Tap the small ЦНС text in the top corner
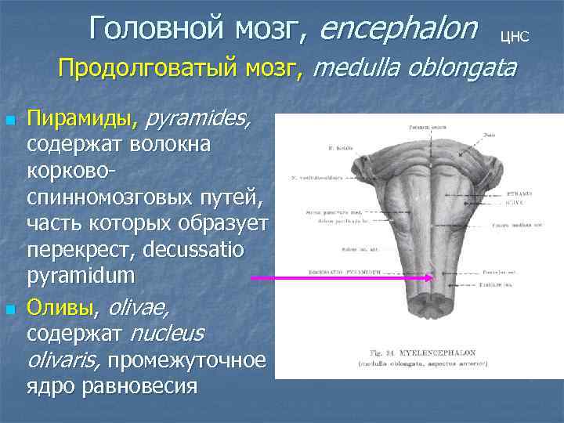(x=514, y=35)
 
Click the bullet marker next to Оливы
(x=9, y=311)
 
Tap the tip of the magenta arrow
(x=432, y=277)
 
